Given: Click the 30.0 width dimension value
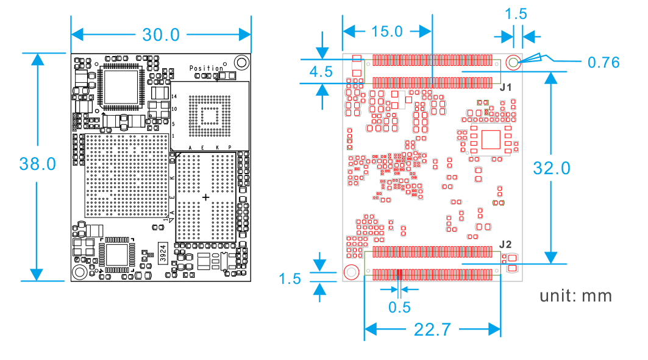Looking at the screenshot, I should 161,35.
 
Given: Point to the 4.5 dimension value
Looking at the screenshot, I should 321,72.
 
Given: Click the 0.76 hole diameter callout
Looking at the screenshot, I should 603,62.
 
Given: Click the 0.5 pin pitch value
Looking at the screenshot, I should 399,307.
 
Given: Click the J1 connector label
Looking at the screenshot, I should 505,88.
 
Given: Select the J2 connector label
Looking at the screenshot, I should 505,244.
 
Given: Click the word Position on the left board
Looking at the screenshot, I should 206,68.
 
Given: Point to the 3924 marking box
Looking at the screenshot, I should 163,252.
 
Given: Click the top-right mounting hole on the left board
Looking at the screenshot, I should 242,62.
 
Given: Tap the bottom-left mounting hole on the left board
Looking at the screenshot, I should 79,272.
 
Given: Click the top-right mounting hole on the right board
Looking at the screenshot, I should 513,62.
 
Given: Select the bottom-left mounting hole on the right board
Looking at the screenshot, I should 351,272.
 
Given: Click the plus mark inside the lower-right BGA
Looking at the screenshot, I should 205,197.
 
